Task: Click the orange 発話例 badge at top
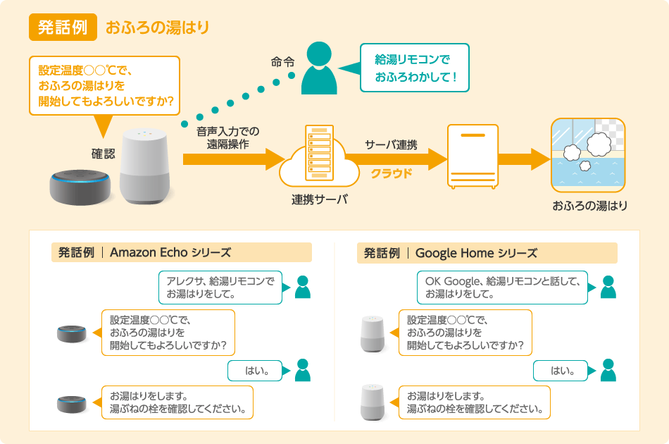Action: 62,27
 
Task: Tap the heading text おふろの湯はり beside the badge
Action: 158,28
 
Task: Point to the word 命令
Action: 282,62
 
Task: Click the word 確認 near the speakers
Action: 103,153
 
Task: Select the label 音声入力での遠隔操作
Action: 228,137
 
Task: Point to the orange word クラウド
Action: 392,173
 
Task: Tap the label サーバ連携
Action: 391,145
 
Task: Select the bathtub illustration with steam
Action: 587,156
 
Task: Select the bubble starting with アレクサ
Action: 220,288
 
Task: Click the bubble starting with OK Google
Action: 502,288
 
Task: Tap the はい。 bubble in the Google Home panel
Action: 561,369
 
